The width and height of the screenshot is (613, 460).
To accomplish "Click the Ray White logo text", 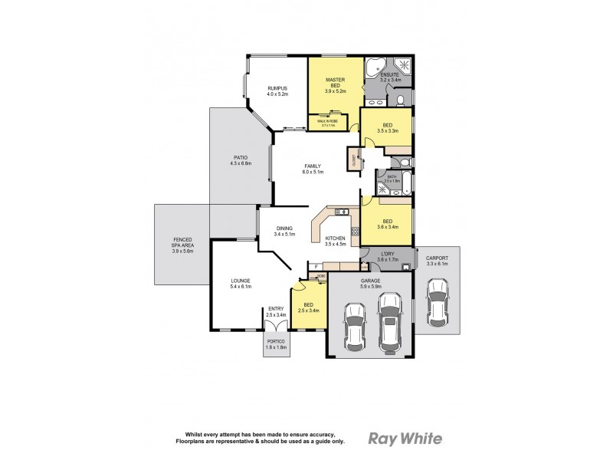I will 405,439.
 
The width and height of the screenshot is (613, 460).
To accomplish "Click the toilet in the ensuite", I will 401,100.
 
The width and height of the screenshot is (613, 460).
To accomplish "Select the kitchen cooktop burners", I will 355,231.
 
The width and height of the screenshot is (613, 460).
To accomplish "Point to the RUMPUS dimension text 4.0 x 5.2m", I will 277,94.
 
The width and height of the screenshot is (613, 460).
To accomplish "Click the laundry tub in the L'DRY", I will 406,267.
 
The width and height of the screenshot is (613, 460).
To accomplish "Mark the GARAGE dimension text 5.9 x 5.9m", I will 371,287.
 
